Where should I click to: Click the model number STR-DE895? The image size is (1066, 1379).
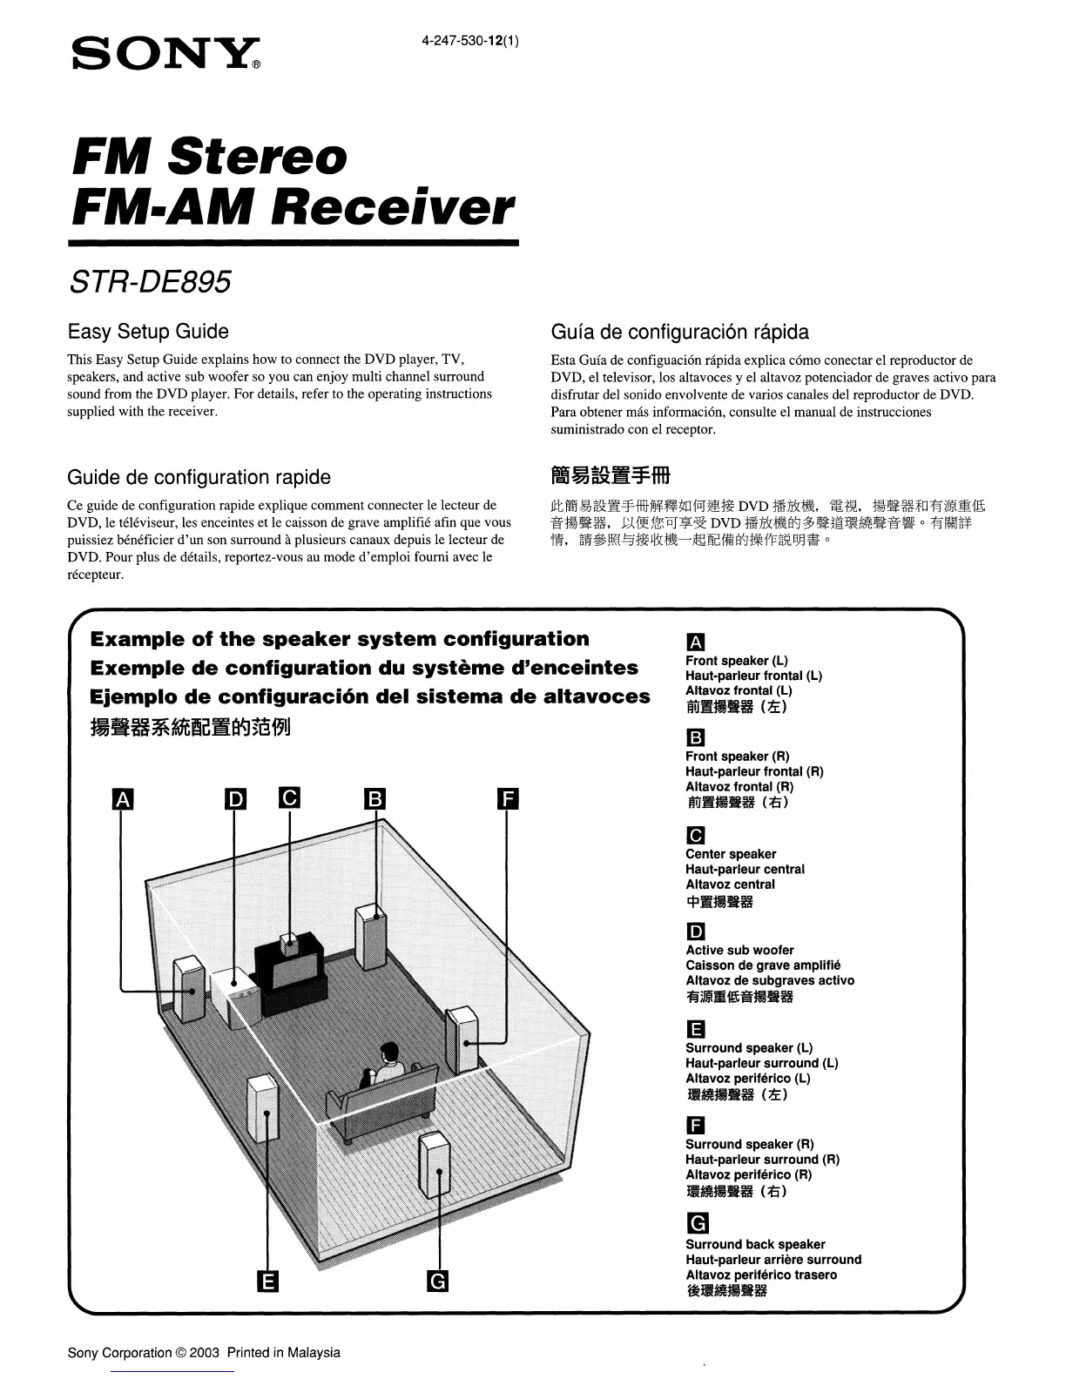(x=150, y=281)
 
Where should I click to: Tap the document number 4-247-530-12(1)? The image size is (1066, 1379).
(x=470, y=41)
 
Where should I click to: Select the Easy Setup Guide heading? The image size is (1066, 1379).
(x=148, y=332)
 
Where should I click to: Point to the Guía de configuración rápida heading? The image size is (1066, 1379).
(x=679, y=332)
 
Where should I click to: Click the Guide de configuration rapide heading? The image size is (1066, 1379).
(x=199, y=477)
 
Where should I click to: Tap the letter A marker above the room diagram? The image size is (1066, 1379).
(x=124, y=799)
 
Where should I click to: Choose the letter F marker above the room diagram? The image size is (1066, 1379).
(x=507, y=799)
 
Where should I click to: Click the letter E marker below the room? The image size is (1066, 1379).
(x=268, y=1281)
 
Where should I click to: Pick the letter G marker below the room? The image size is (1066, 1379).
(x=437, y=1281)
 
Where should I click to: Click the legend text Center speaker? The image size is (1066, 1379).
(x=731, y=854)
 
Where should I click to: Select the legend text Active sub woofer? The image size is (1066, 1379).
(x=739, y=950)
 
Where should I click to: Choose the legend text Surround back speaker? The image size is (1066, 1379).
(x=755, y=1244)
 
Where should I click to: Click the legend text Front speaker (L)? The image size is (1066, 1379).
(x=736, y=661)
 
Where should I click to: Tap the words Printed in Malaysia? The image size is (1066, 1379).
(x=283, y=1353)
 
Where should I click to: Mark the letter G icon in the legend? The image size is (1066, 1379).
(x=697, y=1222)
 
